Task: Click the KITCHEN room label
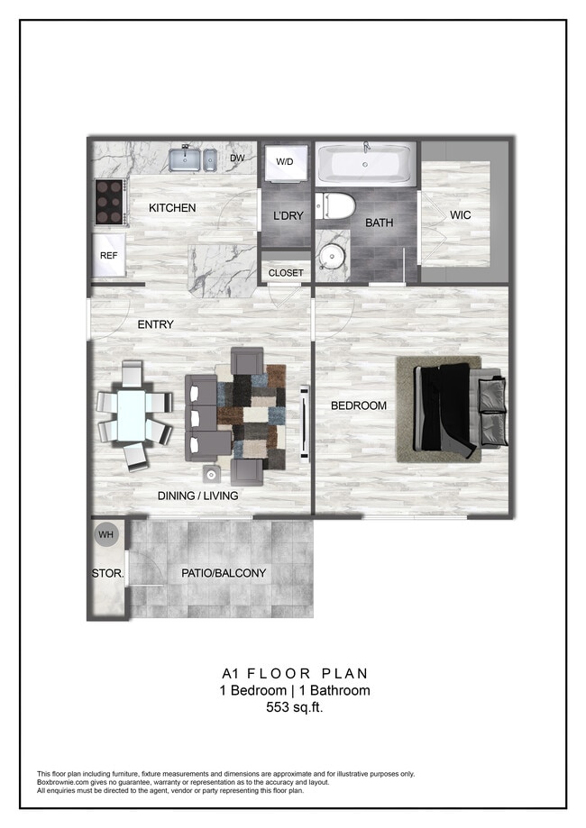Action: click(x=172, y=208)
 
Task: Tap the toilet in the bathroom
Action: click(x=336, y=206)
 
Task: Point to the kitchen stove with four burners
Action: click(x=109, y=203)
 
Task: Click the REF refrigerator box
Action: click(x=109, y=256)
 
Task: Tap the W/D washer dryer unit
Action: click(x=285, y=163)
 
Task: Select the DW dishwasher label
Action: click(x=238, y=159)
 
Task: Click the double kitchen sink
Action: click(x=192, y=159)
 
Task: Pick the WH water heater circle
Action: click(x=106, y=535)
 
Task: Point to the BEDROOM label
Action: click(x=358, y=405)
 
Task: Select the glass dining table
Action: click(x=133, y=415)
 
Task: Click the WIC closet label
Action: click(x=461, y=215)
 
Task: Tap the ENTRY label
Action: click(x=155, y=324)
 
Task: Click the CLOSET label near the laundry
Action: click(x=287, y=273)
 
